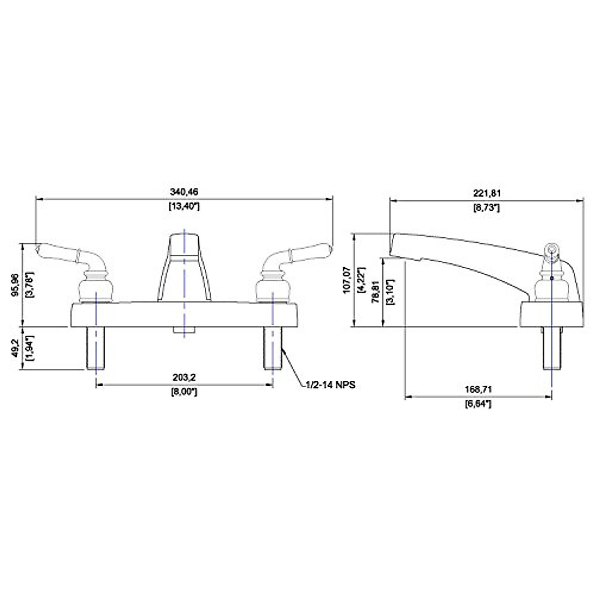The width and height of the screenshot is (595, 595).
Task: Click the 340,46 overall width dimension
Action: point(184,191)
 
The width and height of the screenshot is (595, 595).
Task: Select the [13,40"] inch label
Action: point(184,206)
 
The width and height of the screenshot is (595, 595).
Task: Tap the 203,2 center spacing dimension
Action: point(184,377)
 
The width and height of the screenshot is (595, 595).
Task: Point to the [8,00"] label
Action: point(184,392)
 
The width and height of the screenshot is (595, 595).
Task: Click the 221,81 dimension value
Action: point(486,193)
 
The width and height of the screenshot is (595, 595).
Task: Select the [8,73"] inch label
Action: point(486,208)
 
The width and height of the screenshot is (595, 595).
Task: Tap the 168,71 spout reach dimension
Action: point(478,389)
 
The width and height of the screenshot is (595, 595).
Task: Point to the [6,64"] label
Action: point(478,404)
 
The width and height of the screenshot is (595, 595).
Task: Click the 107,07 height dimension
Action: point(347,281)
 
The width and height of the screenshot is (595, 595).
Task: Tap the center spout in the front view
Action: point(184,268)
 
